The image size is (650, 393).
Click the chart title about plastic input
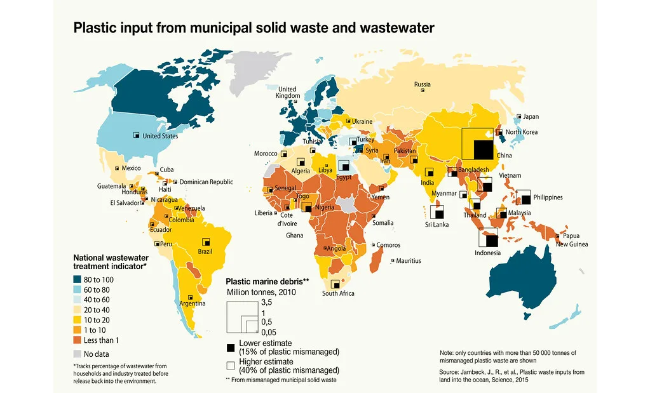click(x=254, y=28)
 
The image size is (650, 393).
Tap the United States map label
click(x=160, y=136)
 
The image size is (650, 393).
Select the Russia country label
click(x=423, y=84)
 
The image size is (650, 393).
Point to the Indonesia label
click(x=487, y=253)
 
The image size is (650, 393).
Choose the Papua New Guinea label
click(x=572, y=240)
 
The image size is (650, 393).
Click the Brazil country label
click(x=205, y=251)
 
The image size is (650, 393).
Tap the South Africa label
click(x=338, y=293)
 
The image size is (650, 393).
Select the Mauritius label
click(x=408, y=261)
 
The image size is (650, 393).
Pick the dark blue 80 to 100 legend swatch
click(x=77, y=279)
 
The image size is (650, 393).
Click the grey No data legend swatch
click(x=77, y=354)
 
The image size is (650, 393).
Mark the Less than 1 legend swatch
click(x=77, y=340)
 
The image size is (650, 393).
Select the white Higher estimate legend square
click(x=231, y=366)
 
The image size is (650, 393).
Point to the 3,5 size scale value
click(x=266, y=302)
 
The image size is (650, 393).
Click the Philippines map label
click(x=547, y=197)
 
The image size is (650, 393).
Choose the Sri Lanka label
click(x=437, y=225)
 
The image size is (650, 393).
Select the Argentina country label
click(x=193, y=303)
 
